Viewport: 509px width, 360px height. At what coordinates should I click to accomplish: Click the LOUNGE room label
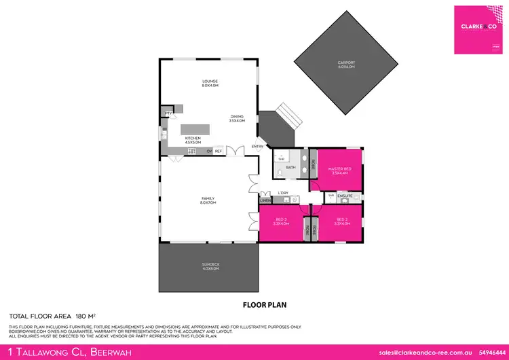tap(208, 82)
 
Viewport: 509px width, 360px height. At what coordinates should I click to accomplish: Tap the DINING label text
tap(237, 116)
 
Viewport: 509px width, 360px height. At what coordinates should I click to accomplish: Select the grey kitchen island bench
tap(195, 129)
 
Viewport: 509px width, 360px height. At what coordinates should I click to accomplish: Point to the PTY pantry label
tap(168, 112)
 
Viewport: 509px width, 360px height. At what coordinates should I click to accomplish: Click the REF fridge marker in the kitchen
tap(218, 151)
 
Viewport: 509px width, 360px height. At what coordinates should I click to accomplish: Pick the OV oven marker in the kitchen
tap(209, 151)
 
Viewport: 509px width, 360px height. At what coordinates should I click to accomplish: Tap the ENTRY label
tap(257, 146)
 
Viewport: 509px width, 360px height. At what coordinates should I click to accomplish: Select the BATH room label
tap(290, 167)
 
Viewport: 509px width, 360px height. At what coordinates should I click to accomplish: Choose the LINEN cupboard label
tap(265, 200)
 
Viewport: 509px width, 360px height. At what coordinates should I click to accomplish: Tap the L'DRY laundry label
tap(284, 193)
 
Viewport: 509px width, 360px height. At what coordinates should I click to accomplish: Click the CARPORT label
tap(346, 64)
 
